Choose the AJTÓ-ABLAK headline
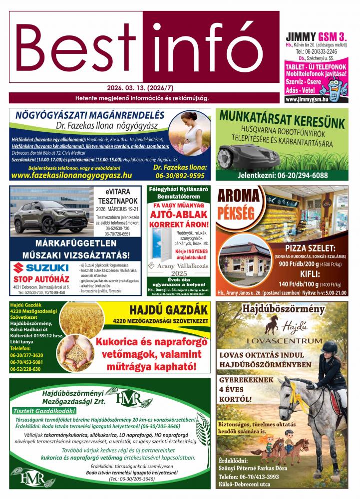coord(178,214)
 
